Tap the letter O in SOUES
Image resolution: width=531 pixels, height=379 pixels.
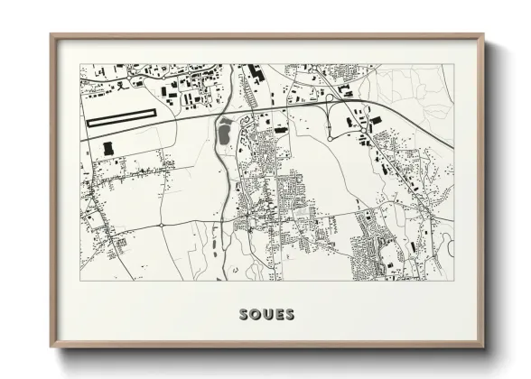point(256,315)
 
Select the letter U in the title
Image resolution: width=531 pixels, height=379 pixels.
point(267,315)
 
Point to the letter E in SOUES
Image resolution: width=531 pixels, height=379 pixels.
point(278,315)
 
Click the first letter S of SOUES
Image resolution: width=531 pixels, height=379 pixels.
point(245,315)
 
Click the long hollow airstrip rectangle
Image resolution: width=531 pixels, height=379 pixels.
point(121,116)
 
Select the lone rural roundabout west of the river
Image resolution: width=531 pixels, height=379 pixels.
point(161,224)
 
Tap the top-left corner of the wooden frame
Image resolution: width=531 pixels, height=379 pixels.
point(51,35)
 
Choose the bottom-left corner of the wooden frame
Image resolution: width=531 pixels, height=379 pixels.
point(51,349)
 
